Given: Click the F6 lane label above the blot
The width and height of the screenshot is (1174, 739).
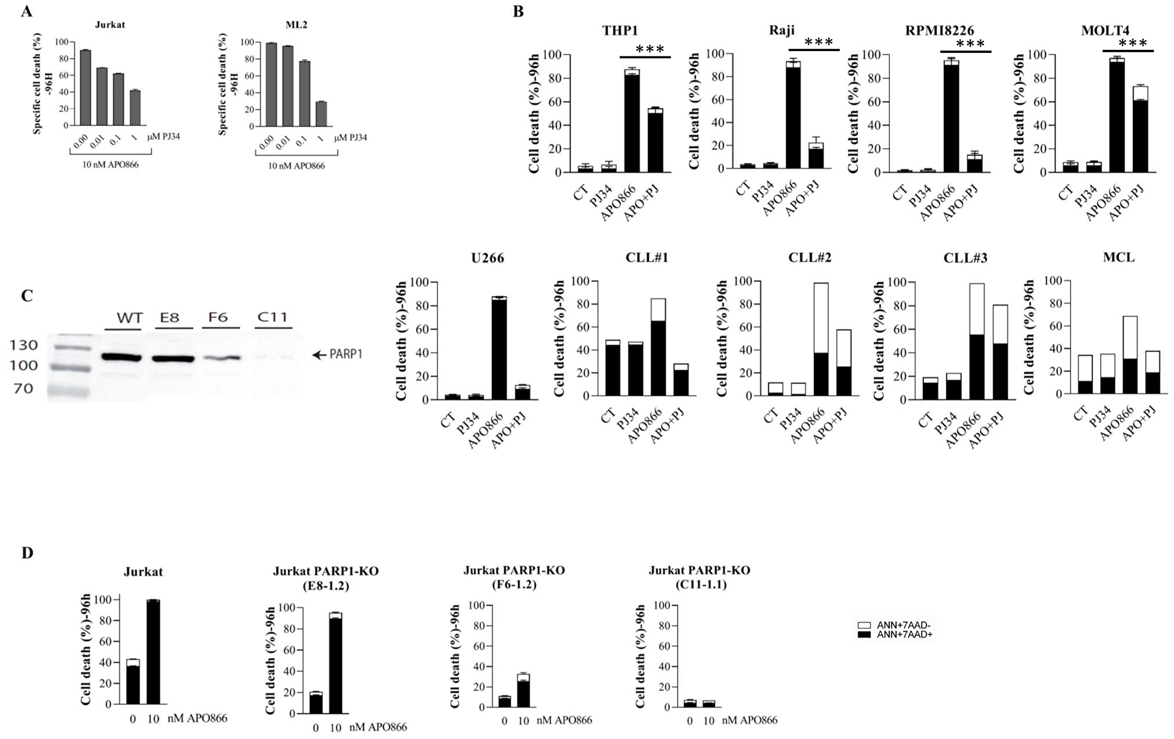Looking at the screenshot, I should (x=218, y=318).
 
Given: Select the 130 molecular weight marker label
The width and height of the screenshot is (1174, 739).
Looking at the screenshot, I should (x=24, y=345).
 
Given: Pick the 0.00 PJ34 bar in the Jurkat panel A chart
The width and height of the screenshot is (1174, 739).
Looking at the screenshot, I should (x=86, y=88).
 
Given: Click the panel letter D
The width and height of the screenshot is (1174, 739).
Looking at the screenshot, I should (x=27, y=553).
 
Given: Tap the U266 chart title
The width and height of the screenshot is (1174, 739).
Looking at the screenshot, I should (x=488, y=258).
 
